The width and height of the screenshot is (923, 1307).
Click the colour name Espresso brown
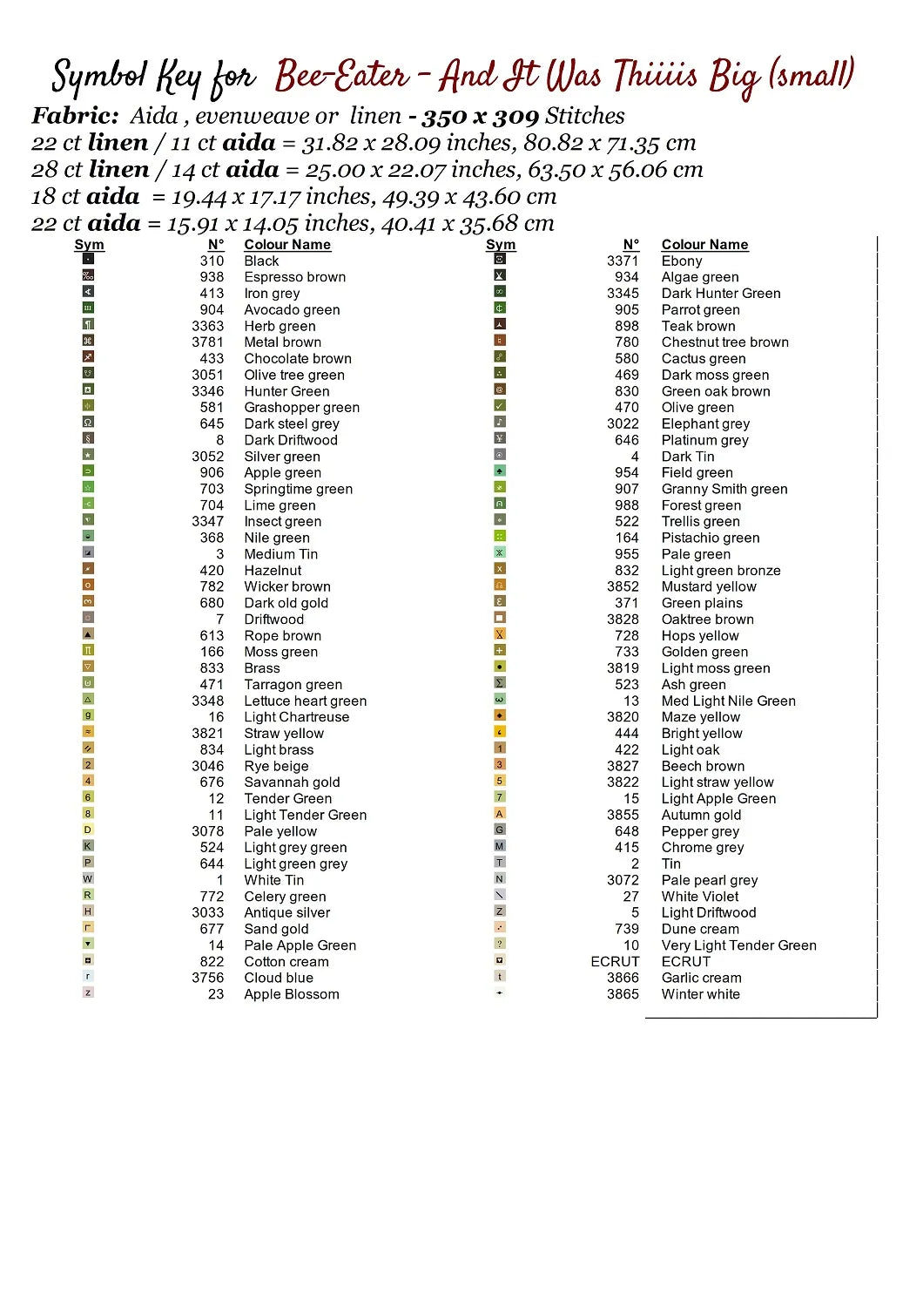[x=294, y=277]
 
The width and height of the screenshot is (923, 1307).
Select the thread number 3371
[x=623, y=261]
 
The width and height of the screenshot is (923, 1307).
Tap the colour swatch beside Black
[x=88, y=259]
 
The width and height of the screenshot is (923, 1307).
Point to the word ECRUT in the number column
[x=615, y=961]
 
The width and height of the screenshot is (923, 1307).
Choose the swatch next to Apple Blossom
[x=88, y=992]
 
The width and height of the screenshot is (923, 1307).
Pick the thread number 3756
[x=208, y=978]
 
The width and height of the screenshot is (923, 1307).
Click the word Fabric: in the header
[x=75, y=116]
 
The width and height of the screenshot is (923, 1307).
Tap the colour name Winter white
[x=701, y=994]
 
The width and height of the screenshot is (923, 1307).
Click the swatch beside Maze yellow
[x=500, y=715]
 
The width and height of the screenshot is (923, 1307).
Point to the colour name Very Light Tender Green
[x=739, y=945]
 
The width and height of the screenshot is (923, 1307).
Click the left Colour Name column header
[x=287, y=245]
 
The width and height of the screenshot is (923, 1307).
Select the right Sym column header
[x=501, y=245]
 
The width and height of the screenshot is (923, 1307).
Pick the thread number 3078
[x=208, y=831]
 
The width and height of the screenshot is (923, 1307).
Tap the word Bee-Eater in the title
[x=341, y=77]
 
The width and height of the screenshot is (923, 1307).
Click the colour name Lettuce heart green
[x=306, y=701]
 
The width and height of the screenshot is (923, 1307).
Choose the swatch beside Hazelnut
[x=88, y=569]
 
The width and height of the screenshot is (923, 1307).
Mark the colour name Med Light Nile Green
[x=729, y=701]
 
